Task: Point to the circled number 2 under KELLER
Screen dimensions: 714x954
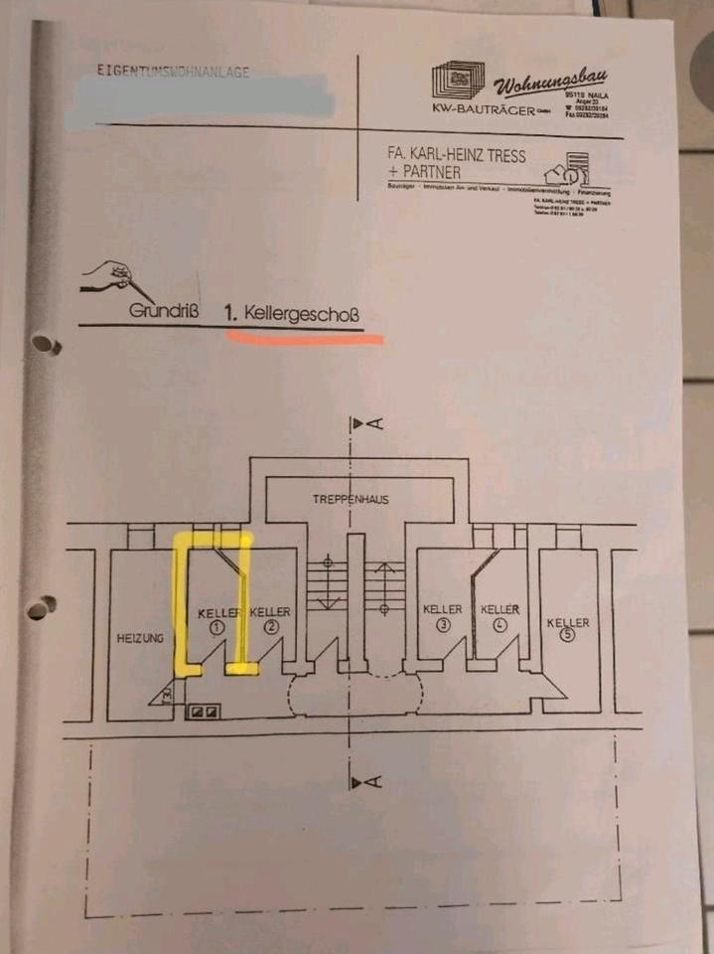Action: point(269,628)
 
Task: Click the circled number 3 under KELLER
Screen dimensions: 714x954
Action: point(443,624)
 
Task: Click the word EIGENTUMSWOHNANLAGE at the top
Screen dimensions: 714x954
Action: point(173,72)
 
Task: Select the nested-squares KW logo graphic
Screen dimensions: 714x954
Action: point(458,79)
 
